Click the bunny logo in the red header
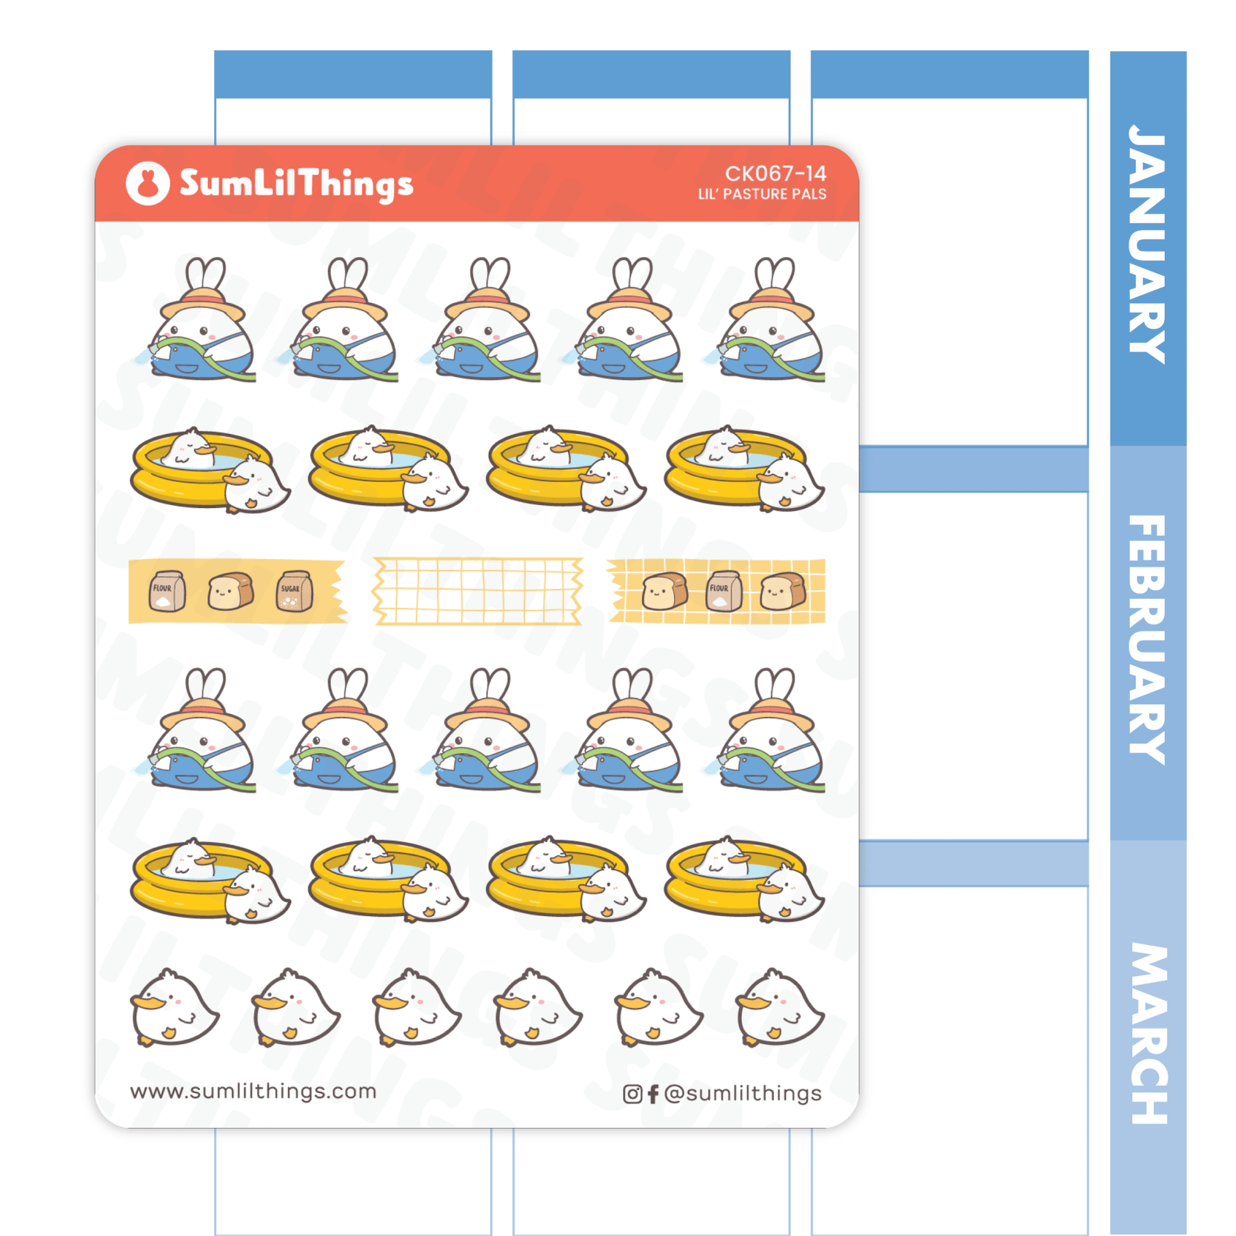(148, 183)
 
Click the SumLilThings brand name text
(296, 184)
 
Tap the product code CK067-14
(775, 173)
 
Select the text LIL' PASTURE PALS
(762, 194)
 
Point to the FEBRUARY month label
(1148, 640)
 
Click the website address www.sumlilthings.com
(253, 1091)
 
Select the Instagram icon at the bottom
(632, 1094)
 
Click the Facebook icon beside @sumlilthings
(652, 1094)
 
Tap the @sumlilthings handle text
(742, 1093)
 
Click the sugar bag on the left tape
(294, 591)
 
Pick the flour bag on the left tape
(167, 591)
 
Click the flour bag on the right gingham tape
(723, 591)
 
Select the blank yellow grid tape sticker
(477, 591)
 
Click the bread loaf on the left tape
(231, 591)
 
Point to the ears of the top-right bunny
(774, 274)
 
